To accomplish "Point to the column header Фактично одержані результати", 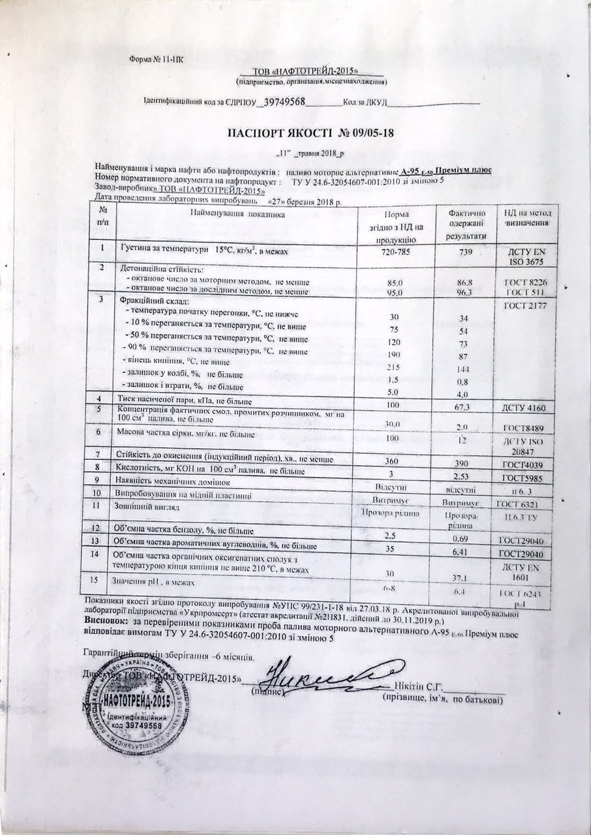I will (x=466, y=224).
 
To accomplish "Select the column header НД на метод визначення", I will (x=528, y=218).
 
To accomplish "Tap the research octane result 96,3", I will (x=466, y=292).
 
